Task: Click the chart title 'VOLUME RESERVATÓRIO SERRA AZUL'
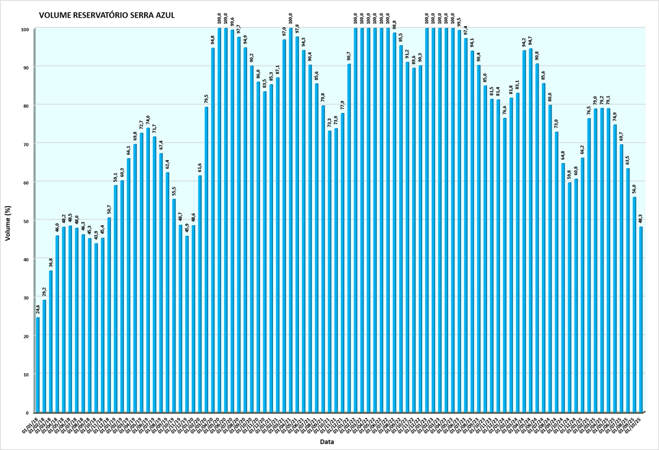107,15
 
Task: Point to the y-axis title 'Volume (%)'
8,220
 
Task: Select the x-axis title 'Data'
328,442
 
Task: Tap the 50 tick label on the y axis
25,220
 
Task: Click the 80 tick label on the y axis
25,105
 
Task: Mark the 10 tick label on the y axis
25,374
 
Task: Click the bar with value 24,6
38,365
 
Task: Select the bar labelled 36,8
51,341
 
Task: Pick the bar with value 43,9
96,328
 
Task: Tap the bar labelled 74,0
148,270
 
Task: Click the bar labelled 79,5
207,260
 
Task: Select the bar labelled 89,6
414,240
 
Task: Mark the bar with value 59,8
570,298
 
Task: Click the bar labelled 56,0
634,305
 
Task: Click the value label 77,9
343,104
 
